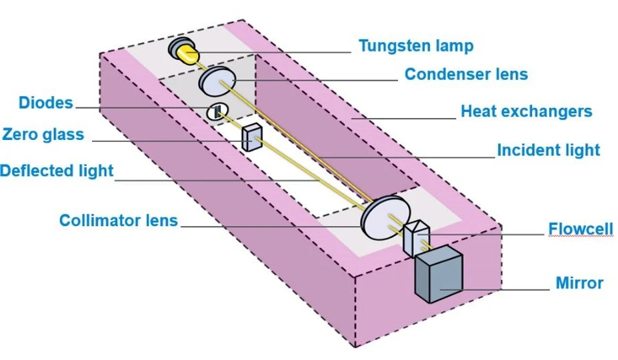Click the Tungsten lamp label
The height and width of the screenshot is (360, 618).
tap(415, 45)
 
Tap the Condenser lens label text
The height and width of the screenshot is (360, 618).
tap(466, 74)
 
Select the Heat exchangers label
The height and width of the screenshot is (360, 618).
tap(526, 111)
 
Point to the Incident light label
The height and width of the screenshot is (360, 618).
tap(548, 150)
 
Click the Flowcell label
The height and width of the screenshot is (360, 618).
tap(580, 230)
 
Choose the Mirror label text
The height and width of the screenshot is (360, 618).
tap(579, 283)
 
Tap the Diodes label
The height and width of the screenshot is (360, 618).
tap(45, 103)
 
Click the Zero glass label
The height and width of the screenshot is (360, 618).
tap(43, 134)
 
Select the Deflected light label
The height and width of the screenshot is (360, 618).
tap(57, 170)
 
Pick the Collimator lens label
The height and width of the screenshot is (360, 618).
tap(119, 220)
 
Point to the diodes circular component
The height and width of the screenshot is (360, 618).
tap(217, 112)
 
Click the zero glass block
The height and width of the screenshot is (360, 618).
tap(252, 138)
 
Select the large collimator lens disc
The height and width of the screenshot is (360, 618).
tap(384, 217)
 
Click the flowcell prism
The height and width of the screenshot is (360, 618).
tap(416, 237)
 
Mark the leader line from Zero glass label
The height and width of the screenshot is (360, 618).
tap(167, 140)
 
